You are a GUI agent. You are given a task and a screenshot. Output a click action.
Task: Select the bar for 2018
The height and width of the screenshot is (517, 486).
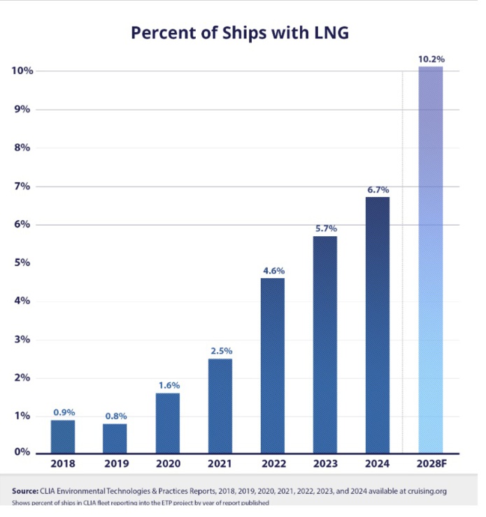click(x=62, y=436)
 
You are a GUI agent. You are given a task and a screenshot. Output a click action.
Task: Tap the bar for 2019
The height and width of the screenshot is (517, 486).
click(x=115, y=438)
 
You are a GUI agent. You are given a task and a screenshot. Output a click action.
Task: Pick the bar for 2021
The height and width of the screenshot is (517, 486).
click(x=220, y=405)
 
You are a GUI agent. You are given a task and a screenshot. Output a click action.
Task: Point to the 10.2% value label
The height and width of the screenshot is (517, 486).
click(x=430, y=59)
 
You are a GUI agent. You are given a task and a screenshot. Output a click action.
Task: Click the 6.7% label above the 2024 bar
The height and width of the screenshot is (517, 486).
click(x=378, y=189)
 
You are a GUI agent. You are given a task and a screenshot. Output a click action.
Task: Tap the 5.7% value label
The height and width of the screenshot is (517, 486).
click(x=325, y=228)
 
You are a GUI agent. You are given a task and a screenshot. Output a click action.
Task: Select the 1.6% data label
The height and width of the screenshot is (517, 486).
click(x=168, y=385)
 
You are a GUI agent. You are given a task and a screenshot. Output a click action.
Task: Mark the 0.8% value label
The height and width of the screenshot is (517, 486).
click(x=115, y=416)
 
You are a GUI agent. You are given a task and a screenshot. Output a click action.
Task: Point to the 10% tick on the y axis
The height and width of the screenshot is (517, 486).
click(x=22, y=71)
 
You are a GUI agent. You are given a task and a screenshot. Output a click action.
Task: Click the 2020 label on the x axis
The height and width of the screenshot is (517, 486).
click(x=168, y=464)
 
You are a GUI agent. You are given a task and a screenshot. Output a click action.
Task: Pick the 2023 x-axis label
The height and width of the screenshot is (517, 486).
click(x=325, y=464)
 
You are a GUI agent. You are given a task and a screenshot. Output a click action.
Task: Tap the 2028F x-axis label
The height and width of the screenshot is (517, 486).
click(x=430, y=464)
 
